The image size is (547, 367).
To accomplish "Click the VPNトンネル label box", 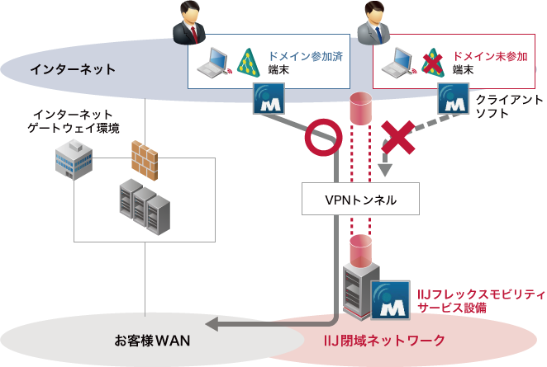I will tap(360, 200).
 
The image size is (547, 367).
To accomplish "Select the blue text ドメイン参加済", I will tap(303, 56).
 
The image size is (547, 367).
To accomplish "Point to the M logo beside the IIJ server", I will tap(390, 299).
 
